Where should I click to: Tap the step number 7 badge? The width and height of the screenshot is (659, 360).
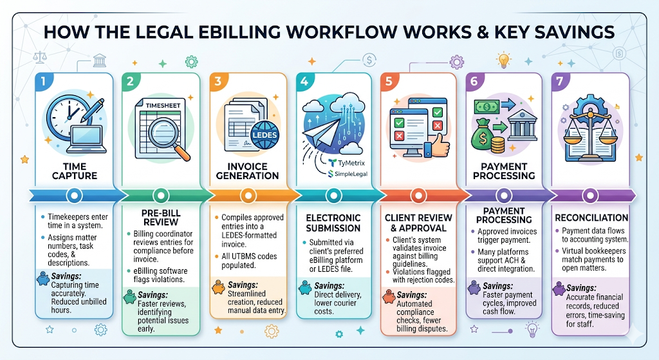point(561,82)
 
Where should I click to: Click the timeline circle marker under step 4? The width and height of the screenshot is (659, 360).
point(330,194)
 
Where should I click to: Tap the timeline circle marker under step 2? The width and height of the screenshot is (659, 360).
point(159,194)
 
